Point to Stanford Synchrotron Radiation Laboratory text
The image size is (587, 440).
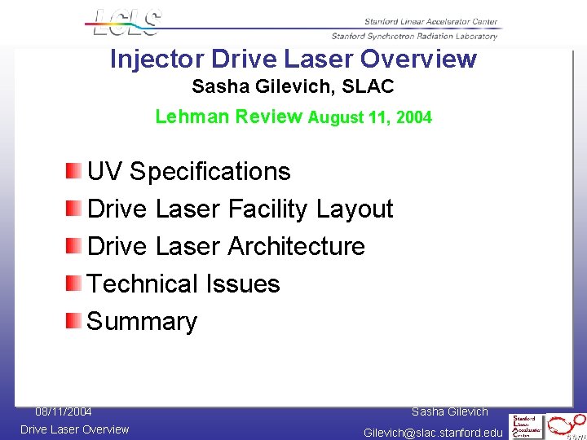(414, 36)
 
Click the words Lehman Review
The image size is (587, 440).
(228, 117)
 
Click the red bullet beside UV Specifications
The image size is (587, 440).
(74, 170)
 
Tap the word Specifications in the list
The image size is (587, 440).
(210, 171)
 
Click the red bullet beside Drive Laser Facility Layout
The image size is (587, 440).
(74, 208)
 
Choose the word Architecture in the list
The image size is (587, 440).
(296, 246)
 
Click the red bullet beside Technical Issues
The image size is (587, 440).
(74, 283)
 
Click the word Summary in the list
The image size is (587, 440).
(142, 321)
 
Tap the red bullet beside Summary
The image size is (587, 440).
(74, 320)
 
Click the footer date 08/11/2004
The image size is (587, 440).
(63, 411)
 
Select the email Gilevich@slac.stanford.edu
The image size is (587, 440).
(433, 432)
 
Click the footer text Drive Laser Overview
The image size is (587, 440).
(74, 429)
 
